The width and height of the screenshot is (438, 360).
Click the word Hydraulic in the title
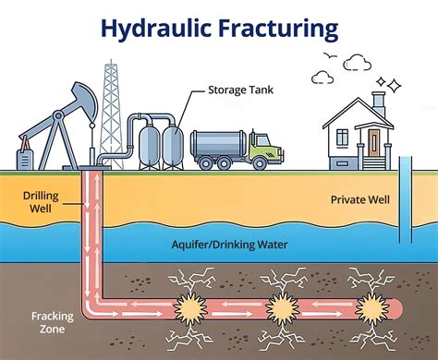click(x=154, y=29)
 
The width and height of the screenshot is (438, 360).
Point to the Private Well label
click(x=359, y=199)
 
